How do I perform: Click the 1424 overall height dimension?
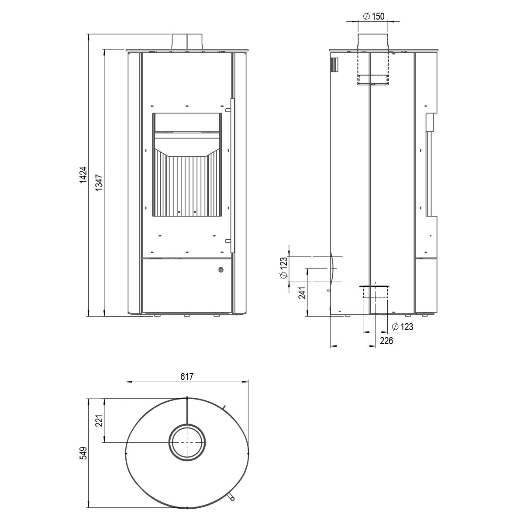pyautogui.click(x=83, y=174)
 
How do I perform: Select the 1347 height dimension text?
pyautogui.click(x=100, y=182)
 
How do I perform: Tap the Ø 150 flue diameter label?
pyautogui.click(x=374, y=16)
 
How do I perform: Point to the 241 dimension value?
pyautogui.click(x=302, y=292)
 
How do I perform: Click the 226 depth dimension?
pyautogui.click(x=386, y=340)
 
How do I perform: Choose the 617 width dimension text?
pyautogui.click(x=187, y=376)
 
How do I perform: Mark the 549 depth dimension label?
pyautogui.click(x=83, y=453)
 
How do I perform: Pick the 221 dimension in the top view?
pyautogui.click(x=100, y=421)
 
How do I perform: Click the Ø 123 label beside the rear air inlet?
pyautogui.click(x=283, y=268)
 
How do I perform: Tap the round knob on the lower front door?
pyautogui.click(x=221, y=269)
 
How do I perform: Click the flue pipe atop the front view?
pyautogui.click(x=187, y=42)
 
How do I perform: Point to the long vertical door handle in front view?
pyautogui.click(x=232, y=176)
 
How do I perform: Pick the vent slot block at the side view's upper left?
pyautogui.click(x=334, y=65)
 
